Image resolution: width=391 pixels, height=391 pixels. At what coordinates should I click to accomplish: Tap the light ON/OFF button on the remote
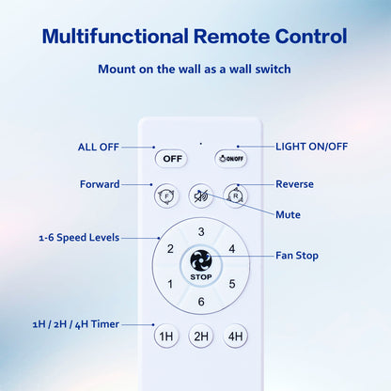(231, 159)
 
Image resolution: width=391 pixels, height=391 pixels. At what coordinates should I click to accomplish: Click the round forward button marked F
(166, 196)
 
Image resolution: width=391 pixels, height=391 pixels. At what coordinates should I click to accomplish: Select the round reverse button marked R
(236, 196)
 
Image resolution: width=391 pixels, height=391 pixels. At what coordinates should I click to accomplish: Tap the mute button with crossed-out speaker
(201, 196)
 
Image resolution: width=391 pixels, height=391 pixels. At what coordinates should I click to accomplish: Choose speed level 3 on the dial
(201, 232)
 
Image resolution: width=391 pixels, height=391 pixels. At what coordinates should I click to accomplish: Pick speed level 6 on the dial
(201, 302)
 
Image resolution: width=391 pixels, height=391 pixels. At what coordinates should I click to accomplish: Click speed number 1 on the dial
(170, 284)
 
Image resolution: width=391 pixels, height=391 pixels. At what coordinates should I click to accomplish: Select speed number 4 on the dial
(232, 249)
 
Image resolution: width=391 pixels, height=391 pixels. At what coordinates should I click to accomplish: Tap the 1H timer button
(166, 336)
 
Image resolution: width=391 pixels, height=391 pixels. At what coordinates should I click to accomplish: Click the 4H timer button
(236, 336)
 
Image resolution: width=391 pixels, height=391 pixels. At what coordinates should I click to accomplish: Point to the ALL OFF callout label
(99, 147)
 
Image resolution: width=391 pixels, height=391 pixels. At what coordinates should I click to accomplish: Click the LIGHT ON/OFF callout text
(312, 147)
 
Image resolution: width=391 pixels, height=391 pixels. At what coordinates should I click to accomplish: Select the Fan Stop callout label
(297, 256)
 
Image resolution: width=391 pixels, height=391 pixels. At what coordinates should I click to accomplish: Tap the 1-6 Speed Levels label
(79, 238)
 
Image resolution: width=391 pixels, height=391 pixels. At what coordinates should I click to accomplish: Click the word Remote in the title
(232, 36)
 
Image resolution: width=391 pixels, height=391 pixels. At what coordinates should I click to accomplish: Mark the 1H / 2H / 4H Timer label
(76, 324)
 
